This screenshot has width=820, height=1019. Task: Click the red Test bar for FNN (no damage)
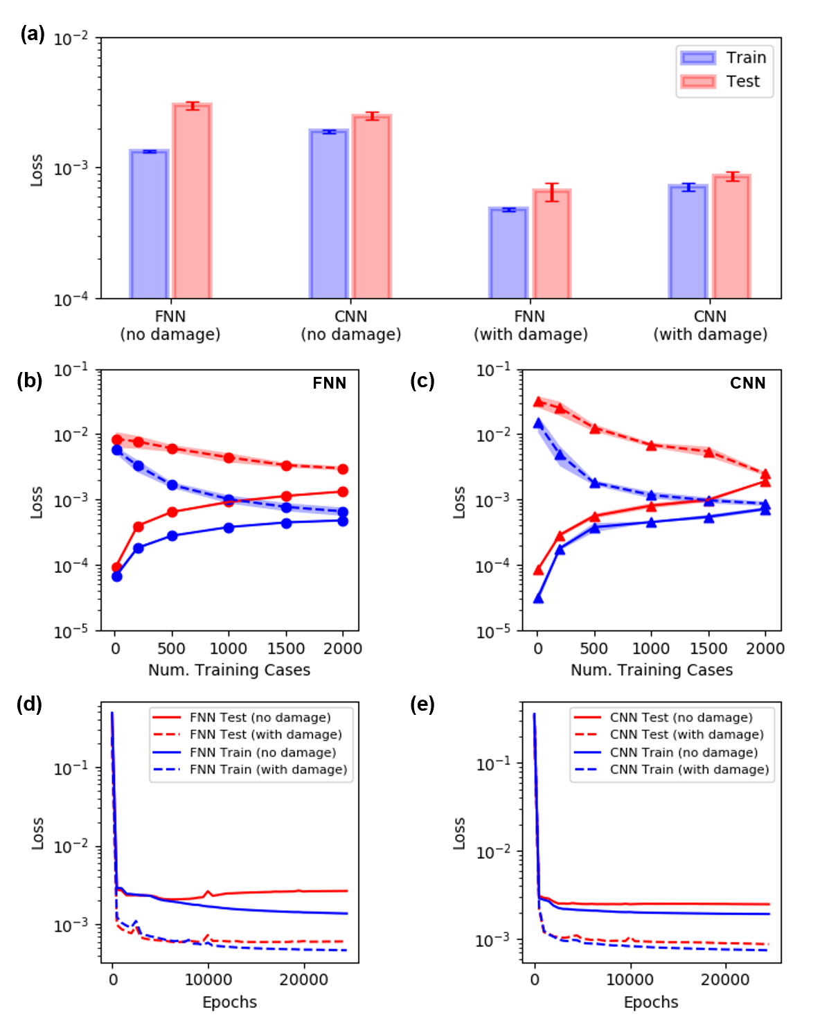192,201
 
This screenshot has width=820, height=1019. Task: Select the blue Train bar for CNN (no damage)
328,214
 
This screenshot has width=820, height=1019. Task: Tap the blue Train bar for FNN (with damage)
508,253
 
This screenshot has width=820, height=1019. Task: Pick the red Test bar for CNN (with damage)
731,236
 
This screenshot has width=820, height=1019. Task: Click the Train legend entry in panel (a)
724,57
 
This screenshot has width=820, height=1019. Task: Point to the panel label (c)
422,381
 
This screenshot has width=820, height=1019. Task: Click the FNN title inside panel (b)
329,383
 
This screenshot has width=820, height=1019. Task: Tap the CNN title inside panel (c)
747,383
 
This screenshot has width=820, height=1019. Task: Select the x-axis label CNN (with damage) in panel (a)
710,326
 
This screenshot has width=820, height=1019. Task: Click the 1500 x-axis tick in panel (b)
285,648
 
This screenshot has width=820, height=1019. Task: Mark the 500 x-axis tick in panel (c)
594,648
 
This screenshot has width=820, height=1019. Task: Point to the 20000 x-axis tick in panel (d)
303,980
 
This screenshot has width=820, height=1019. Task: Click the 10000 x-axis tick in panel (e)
629,980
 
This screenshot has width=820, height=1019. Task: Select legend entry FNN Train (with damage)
268,770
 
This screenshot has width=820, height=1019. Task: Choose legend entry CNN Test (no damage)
681,718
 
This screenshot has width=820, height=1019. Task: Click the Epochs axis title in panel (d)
229,1002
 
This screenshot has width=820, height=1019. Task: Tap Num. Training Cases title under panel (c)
651,670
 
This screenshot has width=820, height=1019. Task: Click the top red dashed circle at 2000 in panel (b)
343,469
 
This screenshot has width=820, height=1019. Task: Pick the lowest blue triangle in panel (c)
538,599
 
